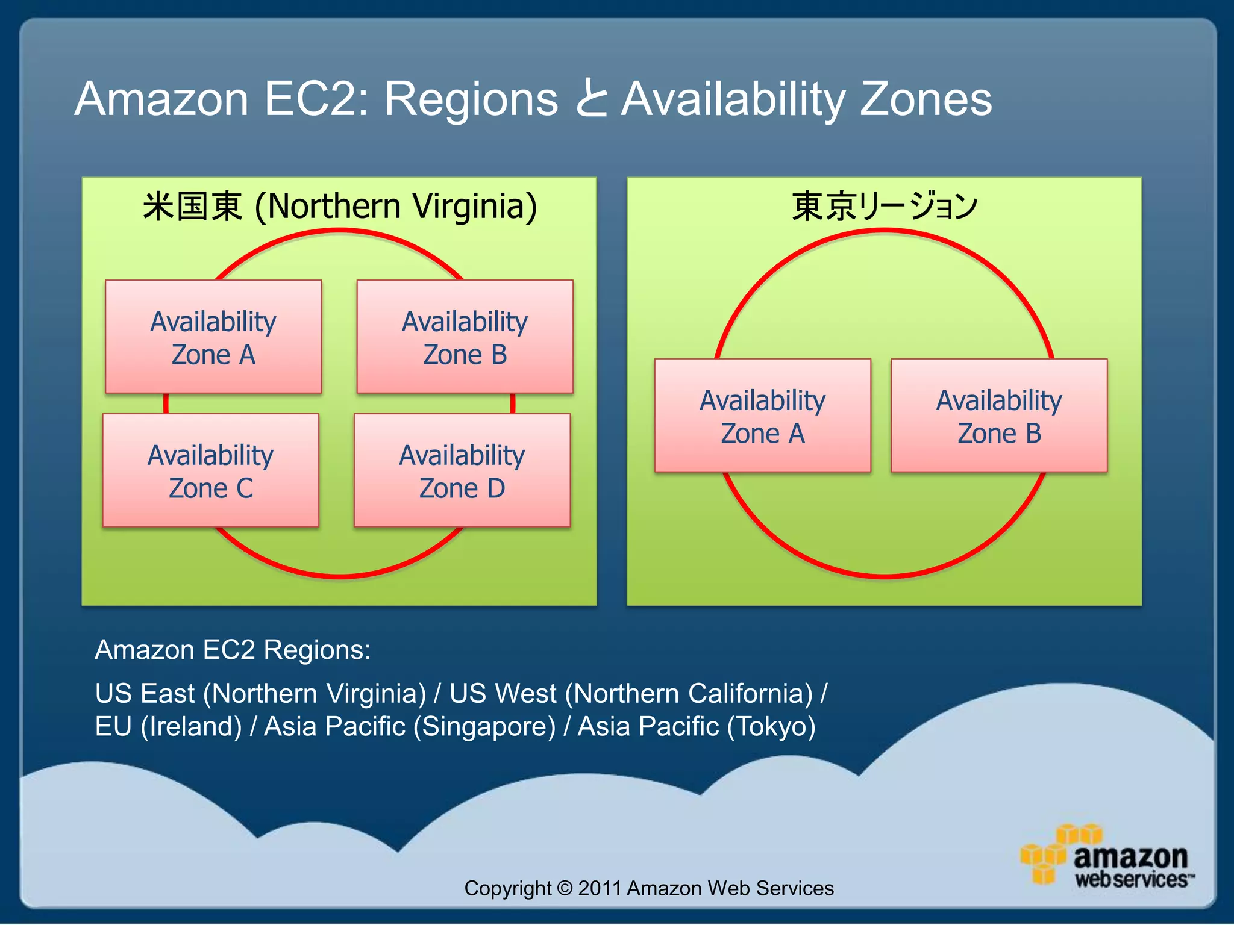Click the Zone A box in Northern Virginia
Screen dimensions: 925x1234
click(x=213, y=337)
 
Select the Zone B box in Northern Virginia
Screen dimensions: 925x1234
click(x=465, y=337)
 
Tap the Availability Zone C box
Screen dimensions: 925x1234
click(x=211, y=470)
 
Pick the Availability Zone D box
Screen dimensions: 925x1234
click(x=462, y=470)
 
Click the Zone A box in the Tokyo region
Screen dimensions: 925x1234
click(x=763, y=416)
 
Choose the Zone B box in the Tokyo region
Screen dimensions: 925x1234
click(x=999, y=416)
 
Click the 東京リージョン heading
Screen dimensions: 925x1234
click(x=884, y=206)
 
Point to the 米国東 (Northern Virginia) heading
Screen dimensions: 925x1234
click(x=339, y=206)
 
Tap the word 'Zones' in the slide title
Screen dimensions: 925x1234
click(x=925, y=99)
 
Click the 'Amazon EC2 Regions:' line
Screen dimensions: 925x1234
click(x=233, y=650)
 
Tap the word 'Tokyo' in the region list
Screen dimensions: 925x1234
click(x=771, y=726)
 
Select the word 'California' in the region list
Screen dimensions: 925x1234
click(x=745, y=693)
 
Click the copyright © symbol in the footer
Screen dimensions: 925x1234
click(x=565, y=888)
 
